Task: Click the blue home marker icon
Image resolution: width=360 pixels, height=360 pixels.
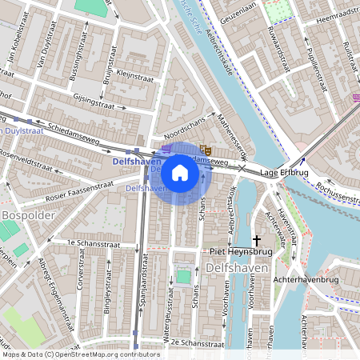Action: point(180,173)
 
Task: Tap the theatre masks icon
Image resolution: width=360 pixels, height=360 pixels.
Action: point(205,149)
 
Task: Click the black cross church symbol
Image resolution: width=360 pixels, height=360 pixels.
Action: point(257,239)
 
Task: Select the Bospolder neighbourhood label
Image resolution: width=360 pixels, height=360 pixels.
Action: point(26,216)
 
